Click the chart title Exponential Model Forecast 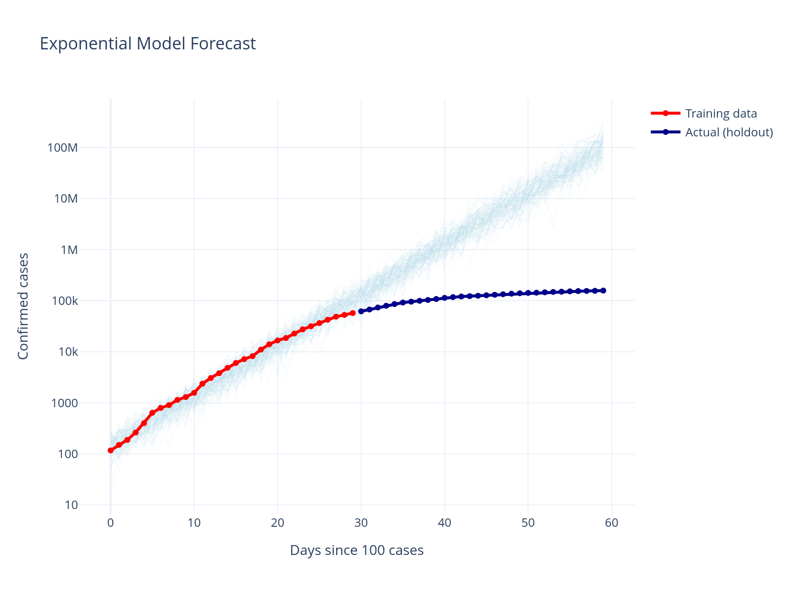pyautogui.click(x=147, y=44)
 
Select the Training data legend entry pyautogui.click(x=721, y=114)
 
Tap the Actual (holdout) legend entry pyautogui.click(x=729, y=132)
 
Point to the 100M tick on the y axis pyautogui.click(x=63, y=148)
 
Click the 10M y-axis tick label pyautogui.click(x=66, y=199)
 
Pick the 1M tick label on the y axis pyautogui.click(x=69, y=250)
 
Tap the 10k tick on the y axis pyautogui.click(x=68, y=352)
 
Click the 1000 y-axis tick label pyautogui.click(x=65, y=403)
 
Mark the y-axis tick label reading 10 pyautogui.click(x=71, y=505)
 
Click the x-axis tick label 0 pyautogui.click(x=110, y=523)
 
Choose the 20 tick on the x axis pyautogui.click(x=277, y=523)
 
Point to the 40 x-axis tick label pyautogui.click(x=444, y=523)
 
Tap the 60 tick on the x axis pyautogui.click(x=612, y=523)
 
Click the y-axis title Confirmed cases pyautogui.click(x=23, y=306)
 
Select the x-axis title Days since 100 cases pyautogui.click(x=356, y=551)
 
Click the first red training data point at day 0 pyautogui.click(x=110, y=450)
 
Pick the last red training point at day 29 pyautogui.click(x=352, y=313)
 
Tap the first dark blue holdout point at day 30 pyautogui.click(x=361, y=311)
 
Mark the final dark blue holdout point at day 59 pyautogui.click(x=603, y=291)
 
